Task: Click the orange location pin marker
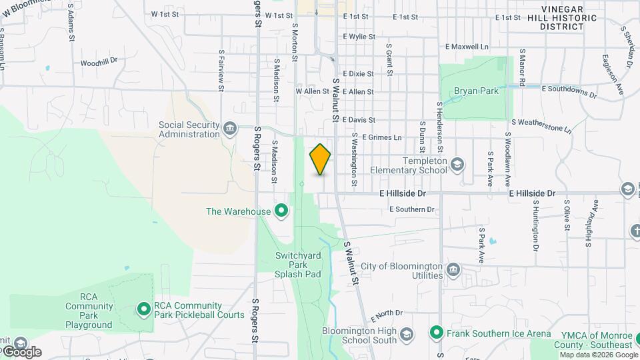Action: pos(320,159)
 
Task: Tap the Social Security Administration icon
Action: pos(230,128)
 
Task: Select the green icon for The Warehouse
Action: pos(281,211)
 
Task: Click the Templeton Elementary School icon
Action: pos(457,164)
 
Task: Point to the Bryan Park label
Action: pos(476,91)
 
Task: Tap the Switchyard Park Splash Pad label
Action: pos(297,265)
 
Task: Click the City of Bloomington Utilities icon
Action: pos(453,269)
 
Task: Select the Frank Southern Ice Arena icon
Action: pos(437,332)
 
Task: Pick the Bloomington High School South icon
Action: pos(406,333)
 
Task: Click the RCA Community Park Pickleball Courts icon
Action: pos(143,309)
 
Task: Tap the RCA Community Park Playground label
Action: pos(89,311)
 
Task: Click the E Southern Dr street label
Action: pos(412,209)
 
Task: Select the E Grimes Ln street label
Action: pos(381,137)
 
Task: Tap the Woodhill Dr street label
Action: pos(99,62)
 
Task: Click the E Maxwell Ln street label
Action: pos(467,47)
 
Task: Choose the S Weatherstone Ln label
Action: pos(541,125)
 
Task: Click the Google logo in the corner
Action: pos(21,351)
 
